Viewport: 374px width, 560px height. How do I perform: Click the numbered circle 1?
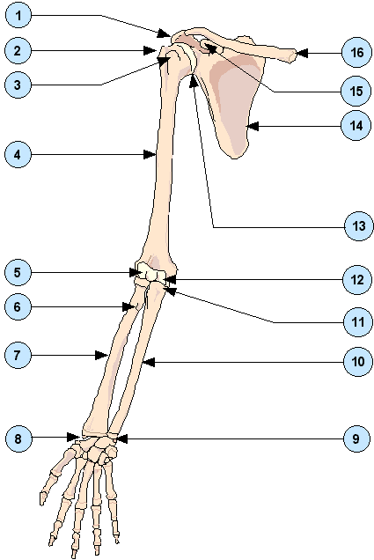[x=18, y=15]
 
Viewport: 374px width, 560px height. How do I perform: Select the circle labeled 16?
[x=356, y=53]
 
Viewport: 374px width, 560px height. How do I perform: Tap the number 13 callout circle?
[x=358, y=226]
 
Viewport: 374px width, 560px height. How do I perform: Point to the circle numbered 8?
[x=18, y=438]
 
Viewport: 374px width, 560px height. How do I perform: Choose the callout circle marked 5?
[x=18, y=272]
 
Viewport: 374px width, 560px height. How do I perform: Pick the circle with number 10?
[x=357, y=362]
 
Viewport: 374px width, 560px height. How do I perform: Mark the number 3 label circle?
[x=18, y=85]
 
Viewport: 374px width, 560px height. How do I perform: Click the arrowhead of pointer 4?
[x=150, y=155]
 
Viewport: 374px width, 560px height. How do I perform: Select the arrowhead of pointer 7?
[x=102, y=355]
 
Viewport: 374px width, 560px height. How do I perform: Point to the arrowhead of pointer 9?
[x=121, y=438]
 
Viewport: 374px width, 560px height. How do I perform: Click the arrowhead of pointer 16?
[x=302, y=53]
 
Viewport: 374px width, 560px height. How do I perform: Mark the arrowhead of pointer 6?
[x=128, y=306]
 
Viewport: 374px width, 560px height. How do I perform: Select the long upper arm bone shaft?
[x=164, y=161]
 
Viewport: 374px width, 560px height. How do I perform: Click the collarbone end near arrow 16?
[x=291, y=56]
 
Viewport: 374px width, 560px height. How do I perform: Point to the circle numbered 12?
[x=357, y=280]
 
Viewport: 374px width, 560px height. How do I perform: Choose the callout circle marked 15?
[x=356, y=92]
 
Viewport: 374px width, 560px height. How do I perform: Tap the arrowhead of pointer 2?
[x=150, y=50]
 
